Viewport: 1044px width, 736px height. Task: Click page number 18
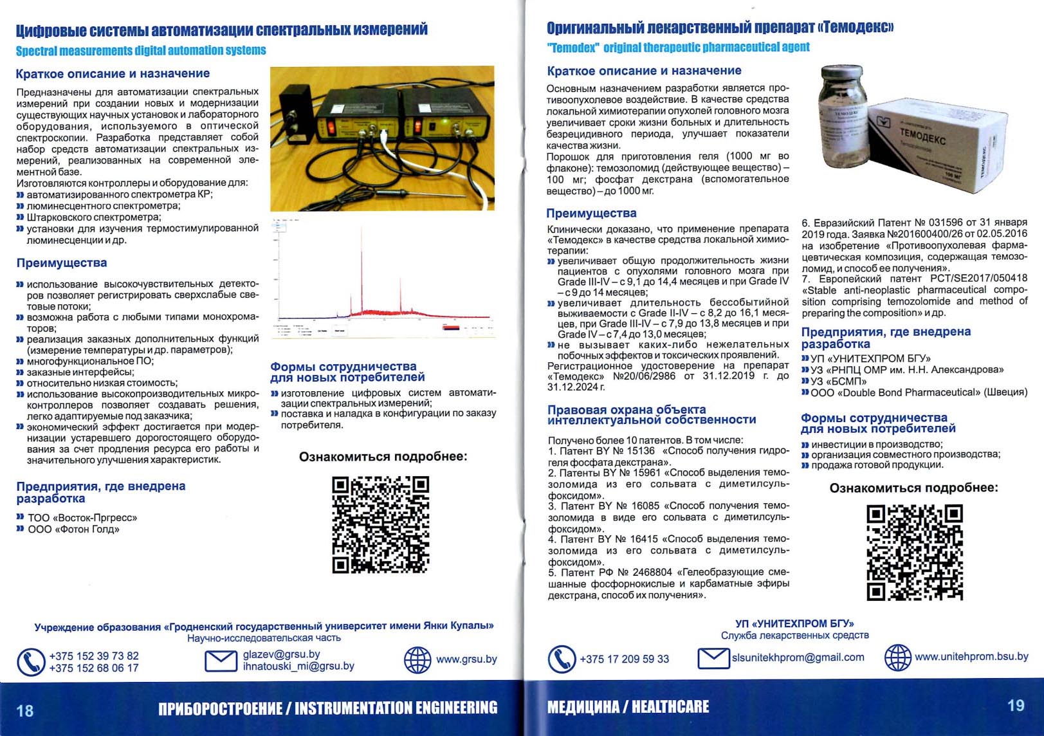25,710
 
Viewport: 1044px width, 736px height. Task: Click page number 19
1016,705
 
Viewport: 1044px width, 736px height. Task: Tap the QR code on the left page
380,524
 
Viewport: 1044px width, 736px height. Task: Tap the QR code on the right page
915,553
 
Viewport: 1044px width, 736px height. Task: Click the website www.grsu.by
466,659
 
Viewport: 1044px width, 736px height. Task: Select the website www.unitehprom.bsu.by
971,656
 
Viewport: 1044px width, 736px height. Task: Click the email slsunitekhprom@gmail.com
798,657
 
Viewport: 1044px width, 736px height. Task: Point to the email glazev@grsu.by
281,654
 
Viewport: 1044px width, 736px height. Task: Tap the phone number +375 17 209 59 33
624,659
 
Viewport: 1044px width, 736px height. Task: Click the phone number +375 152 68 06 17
94,668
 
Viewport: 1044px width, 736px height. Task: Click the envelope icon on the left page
221,660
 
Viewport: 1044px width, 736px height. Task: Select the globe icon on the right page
897,658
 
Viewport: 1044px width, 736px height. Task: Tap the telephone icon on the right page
562,659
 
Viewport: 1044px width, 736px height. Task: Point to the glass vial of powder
843,122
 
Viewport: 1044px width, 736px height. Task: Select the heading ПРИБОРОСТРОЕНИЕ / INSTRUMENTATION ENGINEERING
328,708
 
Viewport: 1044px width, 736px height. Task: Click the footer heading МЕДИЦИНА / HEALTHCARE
628,707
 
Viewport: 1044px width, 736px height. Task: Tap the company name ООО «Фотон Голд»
73,529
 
